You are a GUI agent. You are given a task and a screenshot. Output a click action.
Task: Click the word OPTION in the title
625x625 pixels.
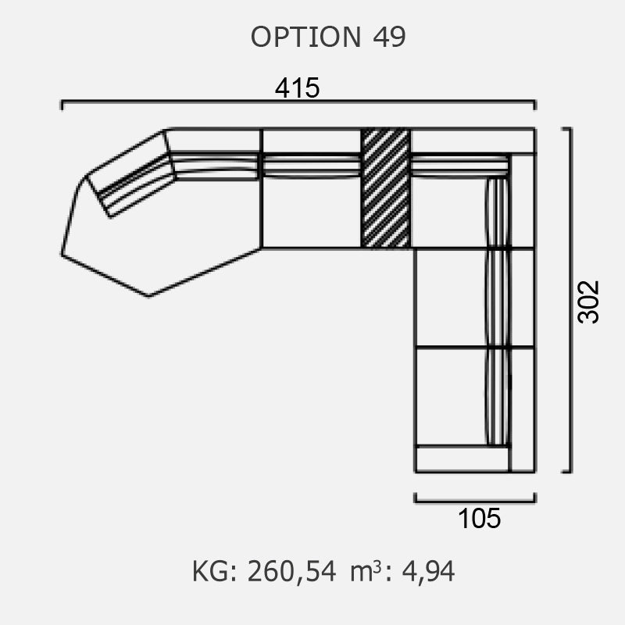[x=305, y=37]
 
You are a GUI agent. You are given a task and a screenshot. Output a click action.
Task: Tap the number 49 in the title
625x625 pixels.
[x=389, y=37]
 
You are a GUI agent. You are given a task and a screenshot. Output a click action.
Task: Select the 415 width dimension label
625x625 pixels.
[x=298, y=87]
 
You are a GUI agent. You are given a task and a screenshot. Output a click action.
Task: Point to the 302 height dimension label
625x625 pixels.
[x=588, y=302]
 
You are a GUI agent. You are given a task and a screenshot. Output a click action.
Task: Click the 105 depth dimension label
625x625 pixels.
[x=479, y=519]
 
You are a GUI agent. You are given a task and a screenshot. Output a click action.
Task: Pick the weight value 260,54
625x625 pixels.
[x=291, y=572]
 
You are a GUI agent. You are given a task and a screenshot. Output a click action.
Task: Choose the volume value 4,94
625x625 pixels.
[x=428, y=572]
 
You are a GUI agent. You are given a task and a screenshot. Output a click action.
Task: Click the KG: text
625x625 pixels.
[x=216, y=572]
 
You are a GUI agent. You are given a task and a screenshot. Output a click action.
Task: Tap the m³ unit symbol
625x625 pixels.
[x=366, y=571]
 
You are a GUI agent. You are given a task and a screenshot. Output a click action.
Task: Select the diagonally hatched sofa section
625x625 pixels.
[x=385, y=188]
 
